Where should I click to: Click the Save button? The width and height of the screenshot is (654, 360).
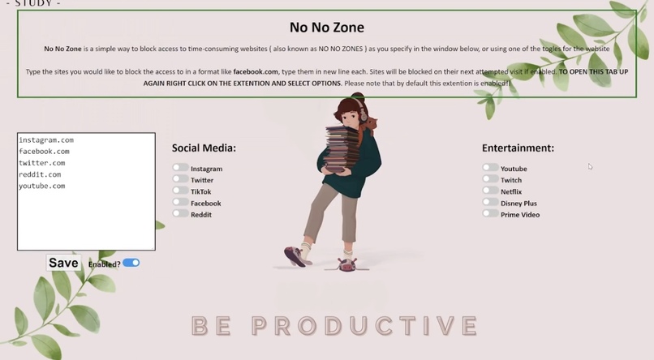[63, 263]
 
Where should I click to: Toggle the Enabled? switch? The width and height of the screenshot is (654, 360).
[131, 263]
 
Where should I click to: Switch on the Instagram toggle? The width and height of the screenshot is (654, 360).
[179, 168]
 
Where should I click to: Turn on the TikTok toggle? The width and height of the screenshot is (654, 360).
[179, 191]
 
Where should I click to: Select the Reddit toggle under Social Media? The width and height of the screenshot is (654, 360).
[179, 213]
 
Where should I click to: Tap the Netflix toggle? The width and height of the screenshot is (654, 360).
[490, 191]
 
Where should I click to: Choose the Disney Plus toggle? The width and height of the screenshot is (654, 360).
[490, 203]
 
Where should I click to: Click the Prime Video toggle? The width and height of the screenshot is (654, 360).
[490, 214]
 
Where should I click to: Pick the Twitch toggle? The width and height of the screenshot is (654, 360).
[490, 179]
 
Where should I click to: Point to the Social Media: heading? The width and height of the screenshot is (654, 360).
[204, 148]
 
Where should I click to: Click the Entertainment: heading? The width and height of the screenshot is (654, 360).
[518, 148]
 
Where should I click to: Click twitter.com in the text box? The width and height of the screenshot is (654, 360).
[42, 163]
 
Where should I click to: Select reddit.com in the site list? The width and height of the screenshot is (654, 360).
[40, 174]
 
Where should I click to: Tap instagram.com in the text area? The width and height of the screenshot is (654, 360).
[46, 140]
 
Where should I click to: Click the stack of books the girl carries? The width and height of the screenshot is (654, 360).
[338, 150]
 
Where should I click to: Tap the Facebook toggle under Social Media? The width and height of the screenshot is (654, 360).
[179, 202]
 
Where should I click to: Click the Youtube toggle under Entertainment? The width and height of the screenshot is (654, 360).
[490, 168]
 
